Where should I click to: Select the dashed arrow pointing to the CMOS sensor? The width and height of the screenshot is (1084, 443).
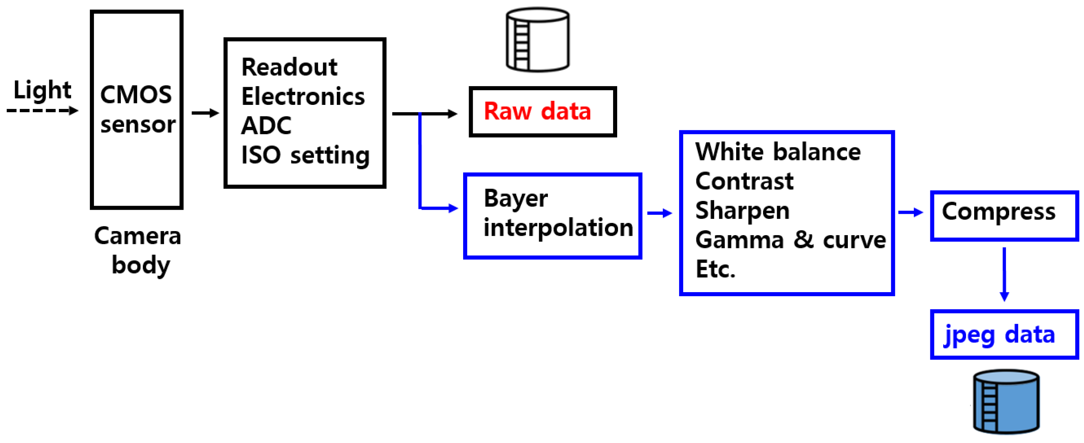tap(42, 110)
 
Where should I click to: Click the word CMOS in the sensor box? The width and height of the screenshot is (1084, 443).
tap(136, 95)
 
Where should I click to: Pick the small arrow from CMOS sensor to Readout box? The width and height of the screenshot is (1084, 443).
tap(205, 113)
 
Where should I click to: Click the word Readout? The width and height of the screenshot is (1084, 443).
tap(289, 67)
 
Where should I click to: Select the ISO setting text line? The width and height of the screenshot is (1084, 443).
tap(305, 155)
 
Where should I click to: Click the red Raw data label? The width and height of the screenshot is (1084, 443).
tap(537, 111)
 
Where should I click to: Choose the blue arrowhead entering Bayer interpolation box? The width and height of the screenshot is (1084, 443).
tap(453, 208)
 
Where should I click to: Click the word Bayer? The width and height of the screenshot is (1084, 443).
tap(515, 198)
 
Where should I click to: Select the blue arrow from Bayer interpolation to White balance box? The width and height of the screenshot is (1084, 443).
tap(660, 213)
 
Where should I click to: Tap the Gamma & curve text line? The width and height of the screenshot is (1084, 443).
tap(790, 240)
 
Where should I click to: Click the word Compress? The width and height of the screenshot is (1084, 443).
tap(998, 212)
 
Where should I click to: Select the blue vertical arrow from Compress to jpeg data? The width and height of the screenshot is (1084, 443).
tap(1004, 273)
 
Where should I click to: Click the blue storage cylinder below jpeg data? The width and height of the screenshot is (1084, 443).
tap(1006, 401)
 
